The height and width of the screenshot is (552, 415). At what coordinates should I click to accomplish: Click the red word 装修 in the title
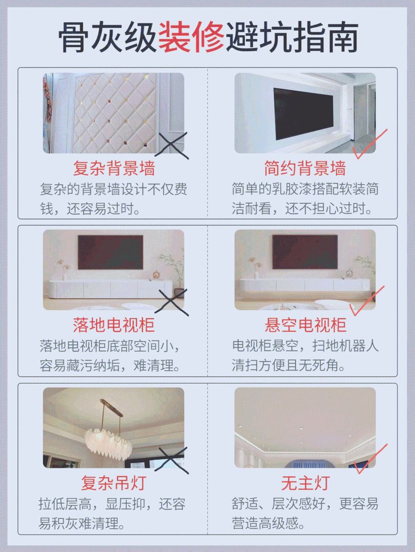[191, 37]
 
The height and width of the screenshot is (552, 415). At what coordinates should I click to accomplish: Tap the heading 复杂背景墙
[114, 168]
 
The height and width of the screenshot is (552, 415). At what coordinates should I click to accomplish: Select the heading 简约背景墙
[305, 168]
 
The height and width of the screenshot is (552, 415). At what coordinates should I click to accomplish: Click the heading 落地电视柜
[114, 325]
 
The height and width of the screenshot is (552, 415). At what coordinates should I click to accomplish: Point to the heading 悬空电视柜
[305, 325]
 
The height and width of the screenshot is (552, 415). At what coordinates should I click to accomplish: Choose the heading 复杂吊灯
[114, 482]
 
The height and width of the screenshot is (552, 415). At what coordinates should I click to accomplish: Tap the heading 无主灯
[305, 482]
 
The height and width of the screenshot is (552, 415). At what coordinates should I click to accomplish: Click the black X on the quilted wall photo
[172, 145]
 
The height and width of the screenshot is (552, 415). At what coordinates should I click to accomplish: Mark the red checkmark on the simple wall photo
[370, 143]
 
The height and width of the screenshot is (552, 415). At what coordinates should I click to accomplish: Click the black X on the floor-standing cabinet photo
[172, 302]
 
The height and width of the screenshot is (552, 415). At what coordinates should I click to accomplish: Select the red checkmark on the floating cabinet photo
[367, 301]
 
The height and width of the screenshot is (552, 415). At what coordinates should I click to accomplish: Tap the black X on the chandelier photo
[172, 460]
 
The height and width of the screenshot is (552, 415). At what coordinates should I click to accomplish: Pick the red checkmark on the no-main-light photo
[370, 458]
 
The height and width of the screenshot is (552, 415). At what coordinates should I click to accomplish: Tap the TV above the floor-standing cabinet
[111, 252]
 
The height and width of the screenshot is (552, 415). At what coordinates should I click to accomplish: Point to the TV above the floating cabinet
[305, 251]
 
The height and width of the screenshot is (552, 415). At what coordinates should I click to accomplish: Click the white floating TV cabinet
[304, 285]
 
